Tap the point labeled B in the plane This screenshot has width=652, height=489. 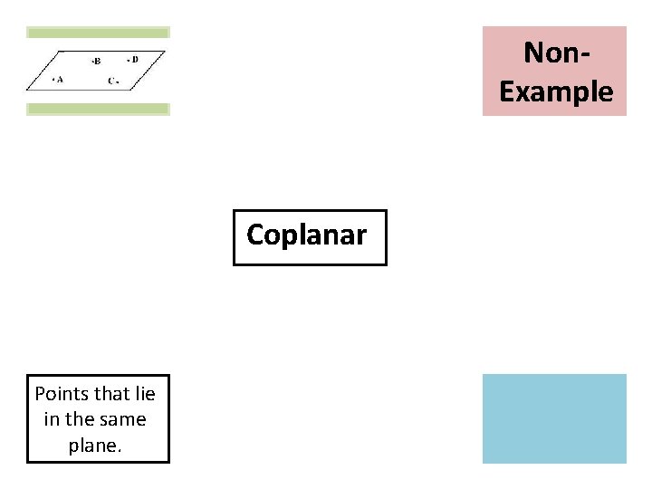(92, 62)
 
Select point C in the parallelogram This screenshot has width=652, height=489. (118, 81)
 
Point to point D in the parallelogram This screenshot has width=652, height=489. (128, 61)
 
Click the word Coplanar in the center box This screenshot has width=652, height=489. (306, 235)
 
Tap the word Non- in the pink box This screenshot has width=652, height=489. (555, 53)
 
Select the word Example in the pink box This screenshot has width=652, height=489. (555, 91)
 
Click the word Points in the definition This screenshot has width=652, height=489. (61, 394)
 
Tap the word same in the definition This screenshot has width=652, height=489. (124, 419)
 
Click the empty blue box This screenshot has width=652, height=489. (553, 418)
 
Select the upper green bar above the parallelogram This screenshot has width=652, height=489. (98, 32)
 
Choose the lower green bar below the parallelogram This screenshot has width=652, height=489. (98, 110)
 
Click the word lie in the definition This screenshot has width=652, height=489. (143, 394)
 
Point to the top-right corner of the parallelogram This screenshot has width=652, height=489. (166, 52)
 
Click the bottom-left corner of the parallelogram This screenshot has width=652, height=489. (27, 90)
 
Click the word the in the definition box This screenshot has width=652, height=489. (79, 419)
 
